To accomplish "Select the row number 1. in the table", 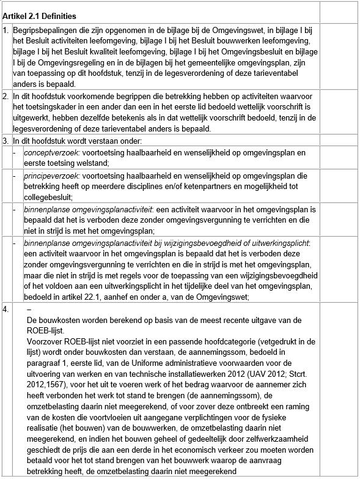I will pos(6,29).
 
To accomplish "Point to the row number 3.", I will pos(6,141).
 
